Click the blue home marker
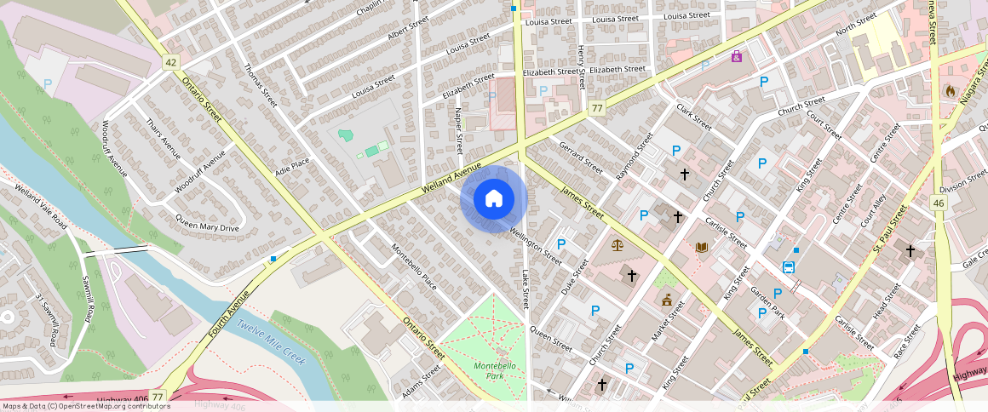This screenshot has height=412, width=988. pyautogui.click(x=493, y=199)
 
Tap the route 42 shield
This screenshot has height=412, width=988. pyautogui.click(x=171, y=62)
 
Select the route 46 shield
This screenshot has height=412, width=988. pyautogui.click(x=939, y=203)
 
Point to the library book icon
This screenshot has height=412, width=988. pyautogui.click(x=702, y=248)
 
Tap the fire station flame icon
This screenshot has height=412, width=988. pyautogui.click(x=951, y=90)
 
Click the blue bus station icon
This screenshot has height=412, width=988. pyautogui.click(x=789, y=267)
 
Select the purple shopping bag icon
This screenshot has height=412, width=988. pyautogui.click(x=736, y=56)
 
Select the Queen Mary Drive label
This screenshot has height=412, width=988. pyautogui.click(x=207, y=223)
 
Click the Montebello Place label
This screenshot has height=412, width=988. pyautogui.click(x=414, y=266)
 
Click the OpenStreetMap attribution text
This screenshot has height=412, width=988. pyautogui.click(x=85, y=406)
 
